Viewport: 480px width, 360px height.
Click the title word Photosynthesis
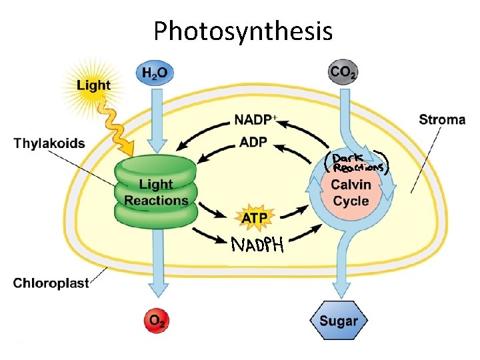[243, 30]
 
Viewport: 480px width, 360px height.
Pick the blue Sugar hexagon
[339, 321]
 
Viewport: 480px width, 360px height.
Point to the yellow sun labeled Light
[92, 85]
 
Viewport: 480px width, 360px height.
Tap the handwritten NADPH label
[257, 246]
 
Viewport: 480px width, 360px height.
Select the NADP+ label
[255, 121]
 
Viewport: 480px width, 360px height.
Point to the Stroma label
[442, 120]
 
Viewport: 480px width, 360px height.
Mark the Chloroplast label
[51, 283]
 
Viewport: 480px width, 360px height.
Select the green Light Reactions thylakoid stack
[156, 192]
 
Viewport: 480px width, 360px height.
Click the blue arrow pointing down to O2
[157, 267]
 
